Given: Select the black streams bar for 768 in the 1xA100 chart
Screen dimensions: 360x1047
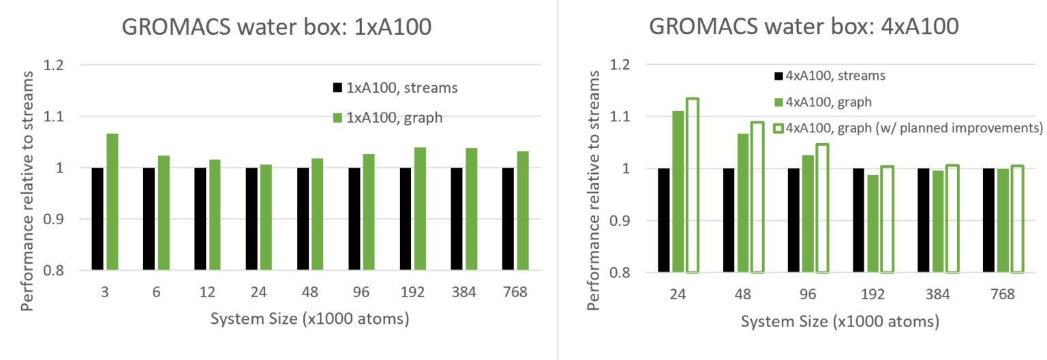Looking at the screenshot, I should tap(508, 219).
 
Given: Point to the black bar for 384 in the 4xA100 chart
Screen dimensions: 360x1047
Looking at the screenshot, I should tap(923, 220).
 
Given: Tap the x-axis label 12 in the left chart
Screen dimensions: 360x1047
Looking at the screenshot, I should tap(208, 292).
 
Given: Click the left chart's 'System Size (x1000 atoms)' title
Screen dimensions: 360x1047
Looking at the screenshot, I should tap(309, 319).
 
